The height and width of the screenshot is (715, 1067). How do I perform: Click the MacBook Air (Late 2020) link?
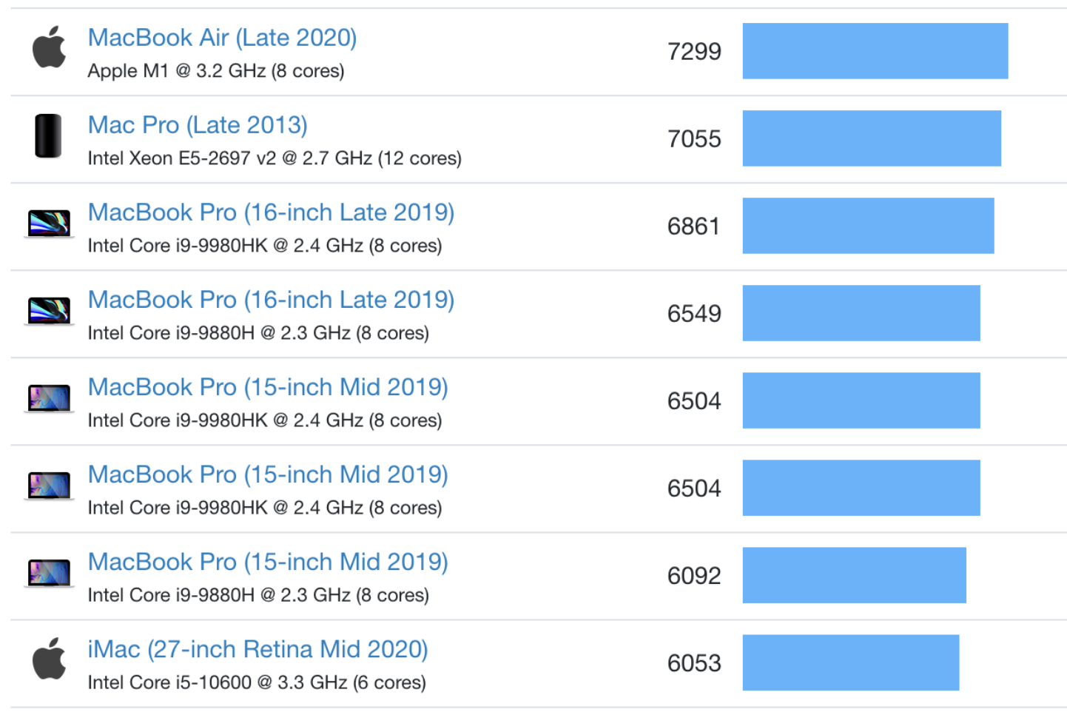coord(222,38)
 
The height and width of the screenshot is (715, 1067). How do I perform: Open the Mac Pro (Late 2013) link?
coord(198,125)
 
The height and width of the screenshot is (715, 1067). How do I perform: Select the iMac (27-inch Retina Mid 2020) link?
coord(258,649)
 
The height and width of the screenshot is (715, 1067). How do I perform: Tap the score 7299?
coord(693,51)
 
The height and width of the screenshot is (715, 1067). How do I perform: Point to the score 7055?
coord(693,138)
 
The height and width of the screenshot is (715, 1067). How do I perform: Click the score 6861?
coord(693,226)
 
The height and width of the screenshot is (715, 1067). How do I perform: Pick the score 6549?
coord(693,313)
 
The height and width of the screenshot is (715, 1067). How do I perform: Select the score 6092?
coord(693,575)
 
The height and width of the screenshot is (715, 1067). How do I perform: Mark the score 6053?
coord(693,662)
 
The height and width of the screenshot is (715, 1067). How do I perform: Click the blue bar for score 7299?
coord(875,51)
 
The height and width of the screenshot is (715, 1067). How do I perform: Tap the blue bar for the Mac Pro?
coord(871,138)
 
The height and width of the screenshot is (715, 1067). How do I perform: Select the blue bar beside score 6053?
coord(850,662)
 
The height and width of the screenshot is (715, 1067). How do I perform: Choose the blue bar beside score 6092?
coord(854,575)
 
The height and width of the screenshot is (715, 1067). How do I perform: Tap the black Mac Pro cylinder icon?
coord(49,135)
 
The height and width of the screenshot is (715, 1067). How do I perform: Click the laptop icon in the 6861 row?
coord(49,223)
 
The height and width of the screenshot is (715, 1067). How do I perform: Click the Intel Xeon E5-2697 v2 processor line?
coord(274,158)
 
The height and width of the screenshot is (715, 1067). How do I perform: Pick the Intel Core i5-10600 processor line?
coord(256,682)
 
